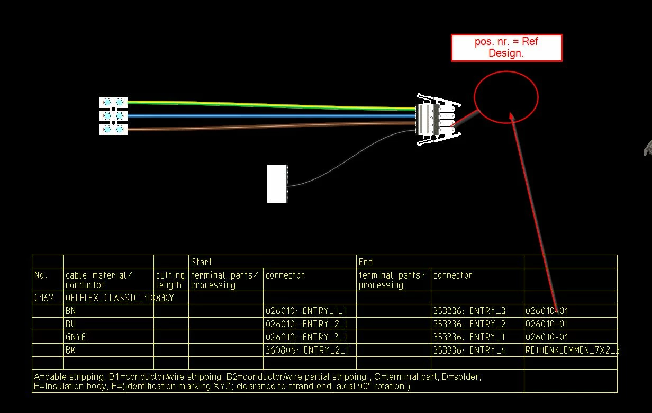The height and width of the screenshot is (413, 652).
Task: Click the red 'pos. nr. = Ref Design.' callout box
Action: [x=506, y=48]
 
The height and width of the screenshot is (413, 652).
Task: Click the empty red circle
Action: [x=505, y=96]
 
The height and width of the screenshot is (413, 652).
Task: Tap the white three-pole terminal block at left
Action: [x=113, y=115]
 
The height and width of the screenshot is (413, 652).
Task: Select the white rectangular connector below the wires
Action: [x=277, y=183]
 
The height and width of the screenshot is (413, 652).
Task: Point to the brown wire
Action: [x=265, y=127]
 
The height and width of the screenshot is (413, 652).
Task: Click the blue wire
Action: [x=265, y=115]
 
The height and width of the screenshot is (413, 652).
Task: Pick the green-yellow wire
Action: [x=265, y=105]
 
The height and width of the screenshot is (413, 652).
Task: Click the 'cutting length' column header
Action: [x=170, y=280]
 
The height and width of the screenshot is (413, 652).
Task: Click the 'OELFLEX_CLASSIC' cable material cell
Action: [x=108, y=298]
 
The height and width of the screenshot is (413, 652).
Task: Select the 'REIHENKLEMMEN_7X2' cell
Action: [x=570, y=350]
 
